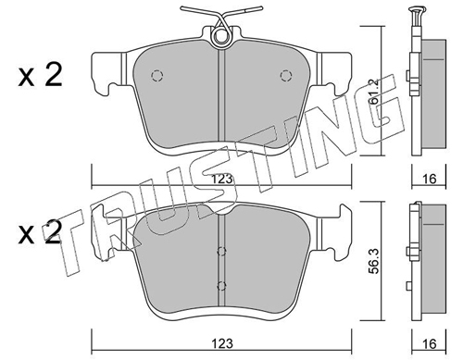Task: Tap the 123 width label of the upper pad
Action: [x=222, y=179]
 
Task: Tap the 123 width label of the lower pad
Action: [x=222, y=343]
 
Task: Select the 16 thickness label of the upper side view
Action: [x=430, y=179]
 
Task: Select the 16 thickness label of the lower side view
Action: [x=430, y=343]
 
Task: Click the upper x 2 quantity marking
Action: [x=40, y=75]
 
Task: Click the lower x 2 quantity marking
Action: [x=40, y=233]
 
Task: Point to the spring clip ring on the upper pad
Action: [x=221, y=36]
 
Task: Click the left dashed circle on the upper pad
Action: [x=156, y=75]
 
